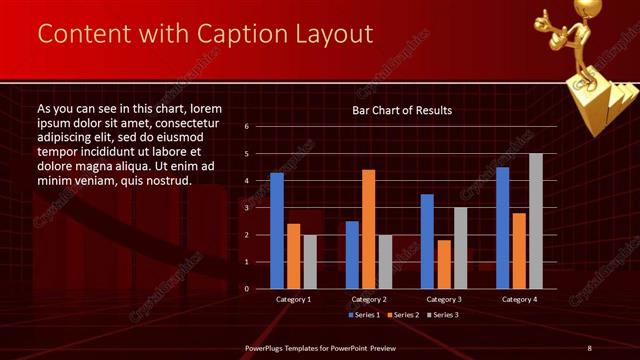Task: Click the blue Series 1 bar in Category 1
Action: [x=277, y=231]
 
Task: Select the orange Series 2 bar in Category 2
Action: [x=368, y=229]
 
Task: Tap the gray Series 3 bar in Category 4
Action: [x=536, y=221]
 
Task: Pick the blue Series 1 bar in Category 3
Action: [x=427, y=241]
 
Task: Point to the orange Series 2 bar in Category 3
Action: [x=443, y=264]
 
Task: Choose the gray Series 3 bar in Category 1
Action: [x=309, y=262]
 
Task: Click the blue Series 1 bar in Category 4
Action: [x=503, y=228]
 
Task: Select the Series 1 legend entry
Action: [x=365, y=315]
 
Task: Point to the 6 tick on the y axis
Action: [x=247, y=127]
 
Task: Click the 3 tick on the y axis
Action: [x=247, y=208]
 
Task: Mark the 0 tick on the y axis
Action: [x=247, y=289]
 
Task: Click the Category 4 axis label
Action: [x=519, y=299]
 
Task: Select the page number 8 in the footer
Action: [x=590, y=348]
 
